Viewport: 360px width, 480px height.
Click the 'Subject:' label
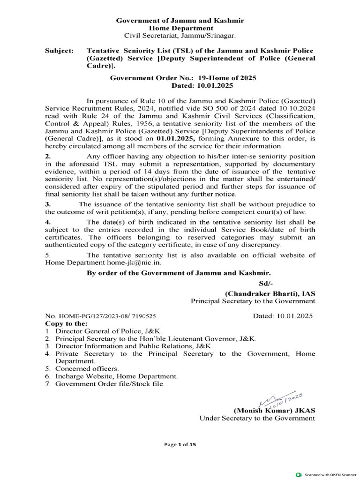point(59,50)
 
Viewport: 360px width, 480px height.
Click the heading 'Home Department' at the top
point(180,28)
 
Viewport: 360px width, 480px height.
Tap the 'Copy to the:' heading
point(66,323)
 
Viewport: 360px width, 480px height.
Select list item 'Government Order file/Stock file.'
point(110,383)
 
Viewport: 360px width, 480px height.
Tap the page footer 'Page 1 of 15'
point(180,445)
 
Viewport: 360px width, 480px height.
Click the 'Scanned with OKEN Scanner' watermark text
point(330,474)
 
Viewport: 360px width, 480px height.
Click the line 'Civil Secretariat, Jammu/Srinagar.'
point(180,36)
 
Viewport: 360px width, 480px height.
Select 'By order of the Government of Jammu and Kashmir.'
point(179,273)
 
